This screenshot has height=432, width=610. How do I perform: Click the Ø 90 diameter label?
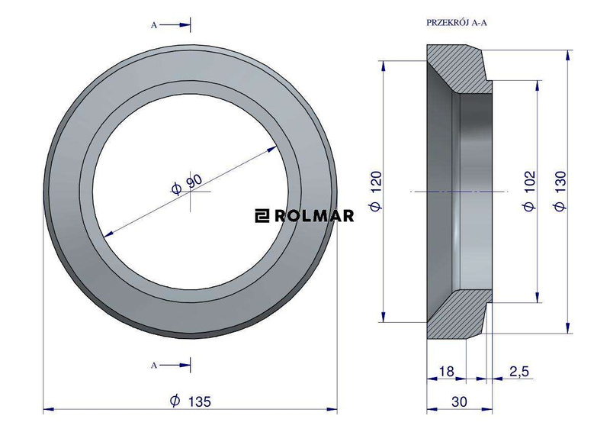click(187, 184)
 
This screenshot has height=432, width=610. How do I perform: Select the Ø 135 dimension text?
click(191, 401)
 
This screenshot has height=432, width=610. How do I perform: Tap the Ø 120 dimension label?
click(376, 191)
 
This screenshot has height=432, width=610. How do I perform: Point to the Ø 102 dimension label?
click(529, 191)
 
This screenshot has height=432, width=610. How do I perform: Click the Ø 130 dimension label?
click(560, 191)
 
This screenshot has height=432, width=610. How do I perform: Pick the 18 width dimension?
click(446, 371)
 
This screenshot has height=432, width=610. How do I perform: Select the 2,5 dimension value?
click(519, 371)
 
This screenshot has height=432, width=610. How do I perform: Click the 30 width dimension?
click(460, 401)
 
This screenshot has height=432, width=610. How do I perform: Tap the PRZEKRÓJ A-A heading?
click(457, 23)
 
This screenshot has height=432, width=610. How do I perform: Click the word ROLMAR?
click(314, 215)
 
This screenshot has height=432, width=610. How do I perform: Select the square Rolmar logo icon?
click(262, 215)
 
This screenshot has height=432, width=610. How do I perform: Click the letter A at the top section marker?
click(154, 25)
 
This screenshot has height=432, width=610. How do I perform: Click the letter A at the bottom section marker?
click(154, 366)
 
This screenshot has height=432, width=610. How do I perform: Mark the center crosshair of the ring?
click(190, 192)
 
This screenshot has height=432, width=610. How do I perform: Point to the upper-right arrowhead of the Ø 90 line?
click(273, 148)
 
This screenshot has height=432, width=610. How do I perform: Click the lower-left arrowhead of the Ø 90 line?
click(108, 234)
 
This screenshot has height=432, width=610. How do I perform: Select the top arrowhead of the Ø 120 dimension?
click(384, 66)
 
